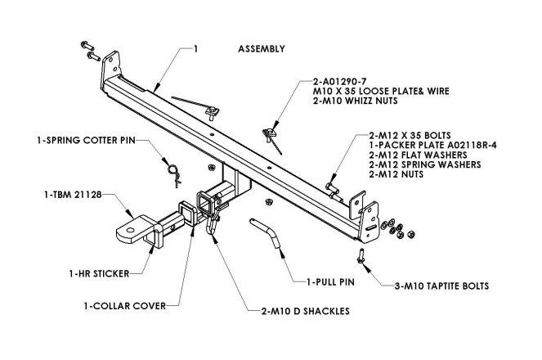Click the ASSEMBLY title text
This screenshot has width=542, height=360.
261,49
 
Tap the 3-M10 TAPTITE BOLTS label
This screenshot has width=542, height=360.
441,286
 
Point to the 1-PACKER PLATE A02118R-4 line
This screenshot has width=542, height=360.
427,145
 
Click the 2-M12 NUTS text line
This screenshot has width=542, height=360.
401,174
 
